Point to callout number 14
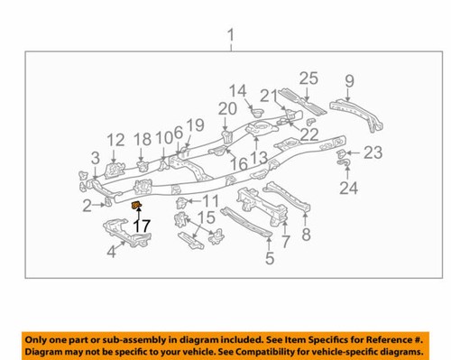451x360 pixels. pos(237,92)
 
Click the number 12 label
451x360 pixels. pos(115,140)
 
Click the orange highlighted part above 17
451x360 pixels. pos(137,209)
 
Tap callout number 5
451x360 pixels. pos(269,260)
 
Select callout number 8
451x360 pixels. pos(306,236)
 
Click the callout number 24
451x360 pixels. pos(347,188)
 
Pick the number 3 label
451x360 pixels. pos(95,159)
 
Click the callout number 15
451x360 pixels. pos(207,217)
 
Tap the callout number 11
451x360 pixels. pos(211,200)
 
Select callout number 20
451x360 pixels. pos(226,109)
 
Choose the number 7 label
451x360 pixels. pos(285,242)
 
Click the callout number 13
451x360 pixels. pos(259,158)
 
